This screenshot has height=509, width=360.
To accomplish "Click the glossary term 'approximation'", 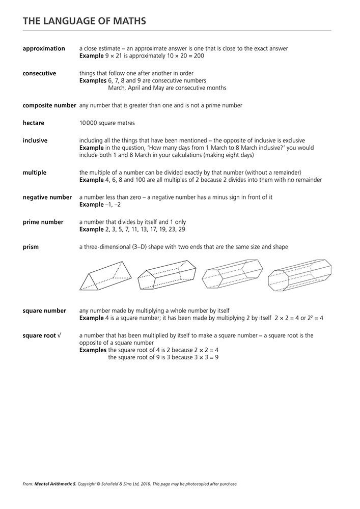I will coord(44,49).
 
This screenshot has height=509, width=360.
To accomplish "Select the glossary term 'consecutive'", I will coord(39,73).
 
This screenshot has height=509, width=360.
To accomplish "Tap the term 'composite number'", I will coord(49,105).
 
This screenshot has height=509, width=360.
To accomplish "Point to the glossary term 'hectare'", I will coord(35,123).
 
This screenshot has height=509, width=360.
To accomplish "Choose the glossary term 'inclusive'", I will coord(35,140).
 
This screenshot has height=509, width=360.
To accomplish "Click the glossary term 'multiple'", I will coord(35,173).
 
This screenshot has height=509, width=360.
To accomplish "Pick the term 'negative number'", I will coord(47,197).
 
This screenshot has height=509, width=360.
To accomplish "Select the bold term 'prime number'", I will coord(43,222).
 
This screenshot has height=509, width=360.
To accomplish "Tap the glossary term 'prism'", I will coord(31,247).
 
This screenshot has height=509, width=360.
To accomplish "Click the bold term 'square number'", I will coord(44,310).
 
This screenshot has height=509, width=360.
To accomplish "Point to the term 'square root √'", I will coord(42,335).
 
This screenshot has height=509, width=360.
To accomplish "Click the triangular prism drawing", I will coord(106,276).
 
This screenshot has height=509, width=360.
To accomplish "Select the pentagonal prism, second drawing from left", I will coord(166,275).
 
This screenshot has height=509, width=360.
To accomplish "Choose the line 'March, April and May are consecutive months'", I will coord(168,88).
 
